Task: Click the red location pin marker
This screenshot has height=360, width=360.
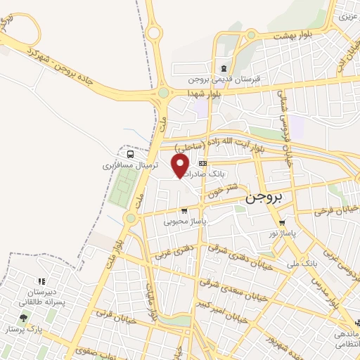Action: tap(181, 165)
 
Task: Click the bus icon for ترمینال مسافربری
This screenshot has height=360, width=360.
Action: tap(130, 154)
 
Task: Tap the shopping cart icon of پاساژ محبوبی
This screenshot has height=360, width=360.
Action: tap(184, 210)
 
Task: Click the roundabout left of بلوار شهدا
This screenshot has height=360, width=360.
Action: tap(164, 92)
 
